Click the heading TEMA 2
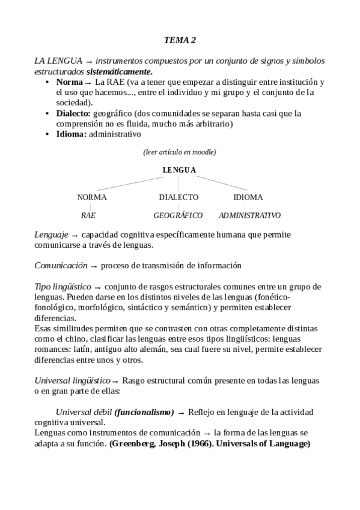tap(180, 40)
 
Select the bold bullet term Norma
tap(69, 82)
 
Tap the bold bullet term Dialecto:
tap(73, 113)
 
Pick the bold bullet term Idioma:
tap(71, 134)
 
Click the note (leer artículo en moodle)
tap(180, 152)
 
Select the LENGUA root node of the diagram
tap(179, 170)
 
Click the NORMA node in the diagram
tap(92, 197)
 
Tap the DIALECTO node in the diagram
tap(178, 197)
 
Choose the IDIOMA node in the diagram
tap(248, 197)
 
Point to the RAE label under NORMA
tap(88, 215)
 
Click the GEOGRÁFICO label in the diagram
tap(178, 215)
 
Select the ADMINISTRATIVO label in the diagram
tap(249, 215)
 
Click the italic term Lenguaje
tap(51, 235)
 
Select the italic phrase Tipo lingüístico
tap(63, 286)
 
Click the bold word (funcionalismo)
tap(144, 412)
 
